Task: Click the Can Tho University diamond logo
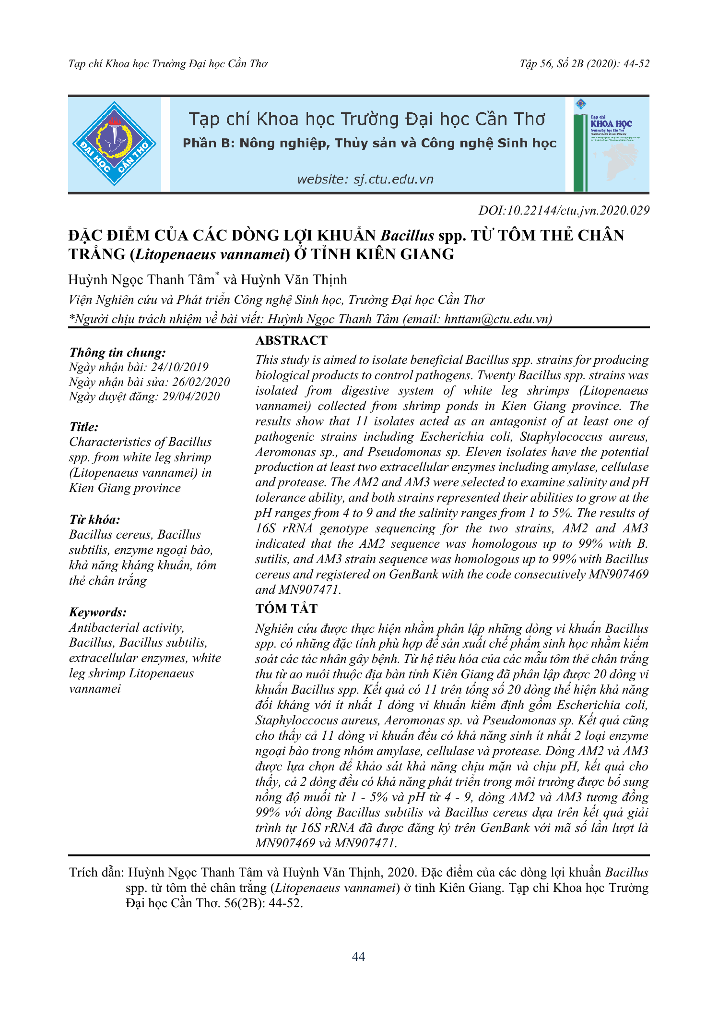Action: [x=114, y=144]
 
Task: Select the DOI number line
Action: [x=564, y=211]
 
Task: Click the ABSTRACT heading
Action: [x=291, y=340]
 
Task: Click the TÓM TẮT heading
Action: [x=286, y=609]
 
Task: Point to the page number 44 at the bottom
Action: [x=358, y=957]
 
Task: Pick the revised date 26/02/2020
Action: [x=201, y=382]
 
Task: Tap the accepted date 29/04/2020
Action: [x=190, y=396]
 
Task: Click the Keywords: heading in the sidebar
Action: [x=98, y=613]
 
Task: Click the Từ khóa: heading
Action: [x=94, y=520]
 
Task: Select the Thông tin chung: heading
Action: [x=118, y=353]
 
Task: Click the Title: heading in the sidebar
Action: [x=84, y=427]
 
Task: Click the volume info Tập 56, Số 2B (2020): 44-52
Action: [x=584, y=64]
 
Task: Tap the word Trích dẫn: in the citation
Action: [x=96, y=873]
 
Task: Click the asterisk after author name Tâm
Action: [x=217, y=275]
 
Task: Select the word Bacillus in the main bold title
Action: [x=407, y=236]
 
